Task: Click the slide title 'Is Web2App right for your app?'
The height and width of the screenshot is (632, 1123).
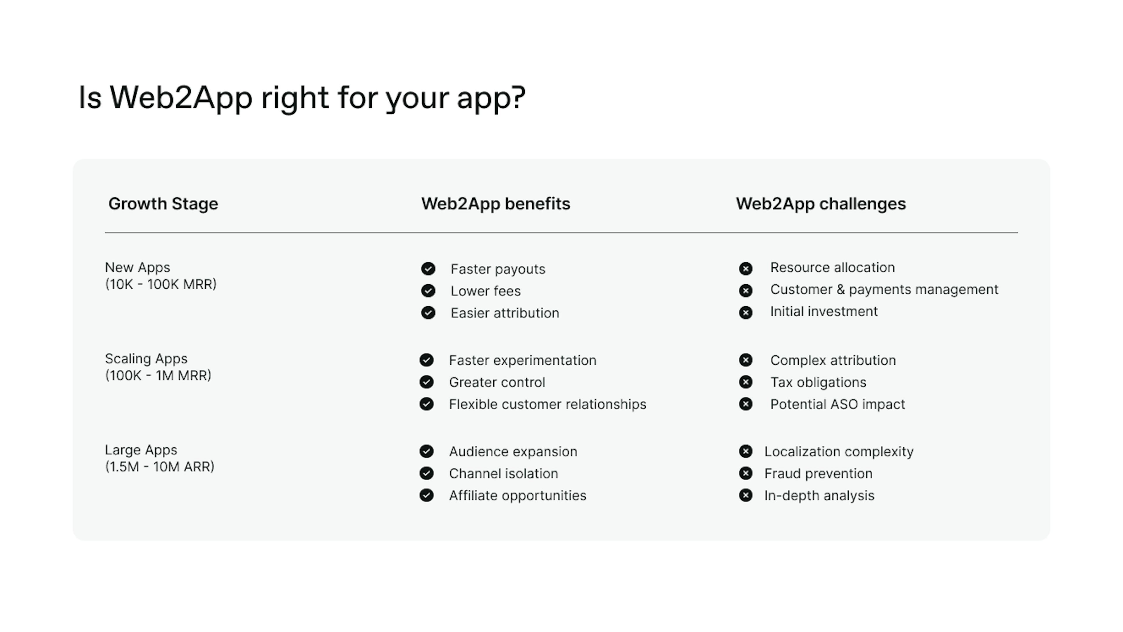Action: pyautogui.click(x=302, y=98)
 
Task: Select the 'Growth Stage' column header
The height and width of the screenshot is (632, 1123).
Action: pyautogui.click(x=163, y=204)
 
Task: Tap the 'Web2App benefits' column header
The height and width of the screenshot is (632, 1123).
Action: pyautogui.click(x=496, y=204)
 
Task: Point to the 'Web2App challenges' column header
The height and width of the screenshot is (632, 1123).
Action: pyautogui.click(x=821, y=204)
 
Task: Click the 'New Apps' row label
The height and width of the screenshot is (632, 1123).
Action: pyautogui.click(x=137, y=267)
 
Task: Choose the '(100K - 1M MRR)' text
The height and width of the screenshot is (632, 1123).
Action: pyautogui.click(x=158, y=375)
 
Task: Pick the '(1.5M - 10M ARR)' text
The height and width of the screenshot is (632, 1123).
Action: pyautogui.click(x=160, y=467)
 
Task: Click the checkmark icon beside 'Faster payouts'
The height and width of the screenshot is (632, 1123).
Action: pyautogui.click(x=428, y=269)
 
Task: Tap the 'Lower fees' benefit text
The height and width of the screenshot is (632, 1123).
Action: pyautogui.click(x=486, y=291)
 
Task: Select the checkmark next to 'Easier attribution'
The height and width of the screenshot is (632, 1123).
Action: pyautogui.click(x=428, y=313)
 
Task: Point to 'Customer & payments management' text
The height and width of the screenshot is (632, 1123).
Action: pyautogui.click(x=884, y=290)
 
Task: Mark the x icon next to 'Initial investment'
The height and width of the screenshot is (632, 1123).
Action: pyautogui.click(x=745, y=313)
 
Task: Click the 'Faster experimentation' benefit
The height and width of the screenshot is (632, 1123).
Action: pyautogui.click(x=523, y=361)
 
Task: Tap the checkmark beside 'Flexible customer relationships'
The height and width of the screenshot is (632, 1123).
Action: pyautogui.click(x=426, y=404)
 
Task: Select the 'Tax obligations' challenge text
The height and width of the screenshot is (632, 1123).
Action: pyautogui.click(x=818, y=382)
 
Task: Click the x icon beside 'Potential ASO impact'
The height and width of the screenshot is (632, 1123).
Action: pyautogui.click(x=745, y=404)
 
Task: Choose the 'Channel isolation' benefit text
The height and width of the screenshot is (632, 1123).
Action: pyautogui.click(x=504, y=473)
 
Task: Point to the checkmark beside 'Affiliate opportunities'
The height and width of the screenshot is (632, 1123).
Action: pyautogui.click(x=426, y=496)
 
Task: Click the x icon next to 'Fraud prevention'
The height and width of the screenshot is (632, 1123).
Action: pyautogui.click(x=745, y=473)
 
